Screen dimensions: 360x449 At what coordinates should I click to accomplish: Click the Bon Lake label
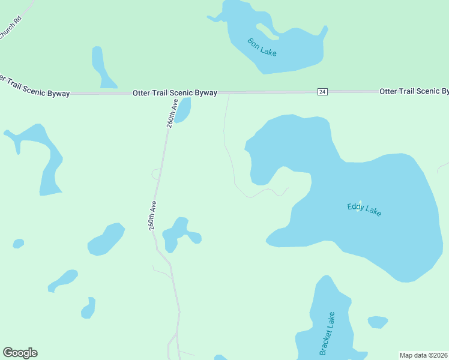(262, 47)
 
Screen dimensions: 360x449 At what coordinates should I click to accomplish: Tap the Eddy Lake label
(364, 209)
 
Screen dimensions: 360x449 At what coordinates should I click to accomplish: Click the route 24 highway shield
(322, 91)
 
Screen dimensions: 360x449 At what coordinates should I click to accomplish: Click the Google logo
(20, 353)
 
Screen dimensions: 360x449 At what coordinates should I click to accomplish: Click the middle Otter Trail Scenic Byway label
(175, 93)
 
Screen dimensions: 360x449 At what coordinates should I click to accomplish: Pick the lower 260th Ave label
(153, 215)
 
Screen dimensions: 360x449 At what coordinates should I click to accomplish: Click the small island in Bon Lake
(265, 29)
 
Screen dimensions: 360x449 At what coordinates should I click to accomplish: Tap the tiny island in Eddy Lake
(360, 203)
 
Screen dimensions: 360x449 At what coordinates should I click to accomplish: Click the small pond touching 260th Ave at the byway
(182, 110)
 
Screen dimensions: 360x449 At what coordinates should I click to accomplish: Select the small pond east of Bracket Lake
(377, 322)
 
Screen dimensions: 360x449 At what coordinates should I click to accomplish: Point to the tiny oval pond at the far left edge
(19, 244)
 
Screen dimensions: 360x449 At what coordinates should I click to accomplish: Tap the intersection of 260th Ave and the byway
(172, 94)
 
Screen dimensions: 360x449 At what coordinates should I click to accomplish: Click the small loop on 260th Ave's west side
(155, 174)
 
